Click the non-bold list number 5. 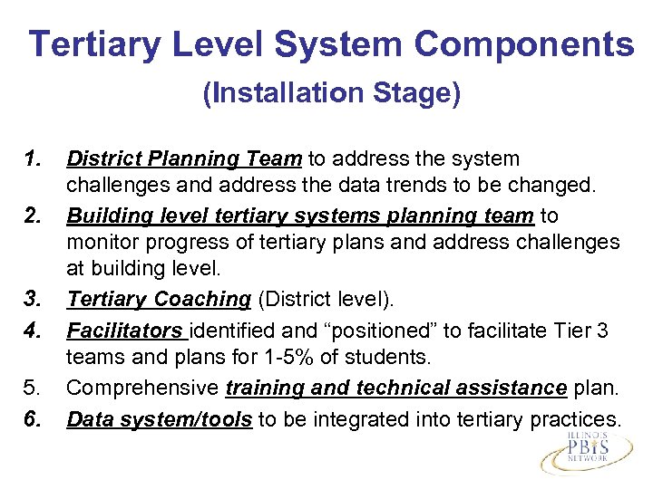pos(33,389)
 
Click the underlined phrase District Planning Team pos(185,159)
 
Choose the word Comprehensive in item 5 pos(142,389)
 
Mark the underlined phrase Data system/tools pos(160,419)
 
